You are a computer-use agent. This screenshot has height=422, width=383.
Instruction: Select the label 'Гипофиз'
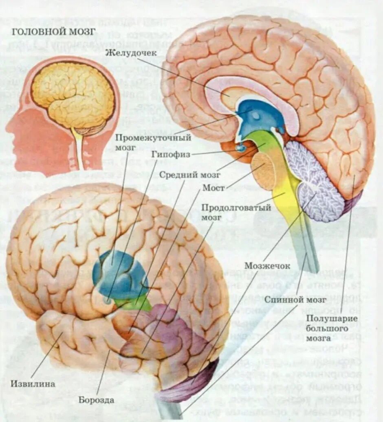(x=170, y=155)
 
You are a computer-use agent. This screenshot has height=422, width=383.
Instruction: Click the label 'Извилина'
(x=33, y=384)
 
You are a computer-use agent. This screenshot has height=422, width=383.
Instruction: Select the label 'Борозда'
(x=97, y=400)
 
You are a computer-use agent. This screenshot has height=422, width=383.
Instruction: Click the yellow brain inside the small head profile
(x=73, y=96)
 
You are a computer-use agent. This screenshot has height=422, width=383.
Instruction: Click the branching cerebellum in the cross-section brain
(x=316, y=183)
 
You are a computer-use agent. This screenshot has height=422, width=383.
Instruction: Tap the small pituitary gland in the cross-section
(x=242, y=148)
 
